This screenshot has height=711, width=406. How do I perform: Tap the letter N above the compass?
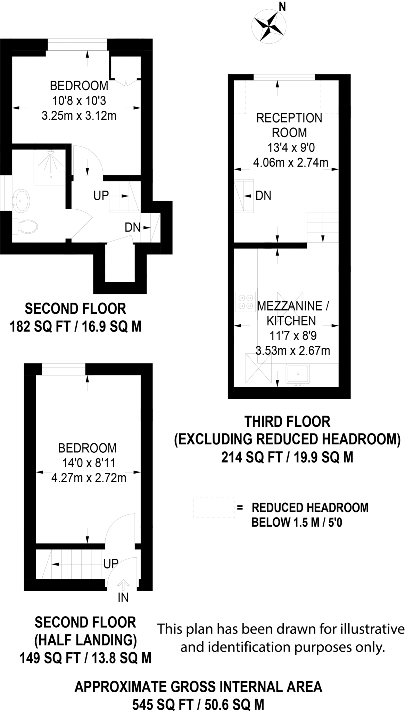282,7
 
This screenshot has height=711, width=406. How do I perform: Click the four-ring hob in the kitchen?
245,302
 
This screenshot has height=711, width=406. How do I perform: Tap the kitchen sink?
298,374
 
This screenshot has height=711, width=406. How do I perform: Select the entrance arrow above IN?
123,584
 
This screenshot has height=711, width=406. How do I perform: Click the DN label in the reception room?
263,196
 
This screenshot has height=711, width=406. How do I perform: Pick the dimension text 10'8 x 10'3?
79,101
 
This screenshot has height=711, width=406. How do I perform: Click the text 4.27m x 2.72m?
89,478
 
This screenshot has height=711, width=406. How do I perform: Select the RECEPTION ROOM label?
289,125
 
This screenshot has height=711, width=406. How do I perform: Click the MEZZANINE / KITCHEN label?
292,313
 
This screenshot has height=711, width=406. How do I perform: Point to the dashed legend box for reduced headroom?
214,508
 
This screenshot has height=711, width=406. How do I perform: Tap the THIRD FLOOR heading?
287,421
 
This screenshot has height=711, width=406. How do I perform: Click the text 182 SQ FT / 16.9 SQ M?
76,327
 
